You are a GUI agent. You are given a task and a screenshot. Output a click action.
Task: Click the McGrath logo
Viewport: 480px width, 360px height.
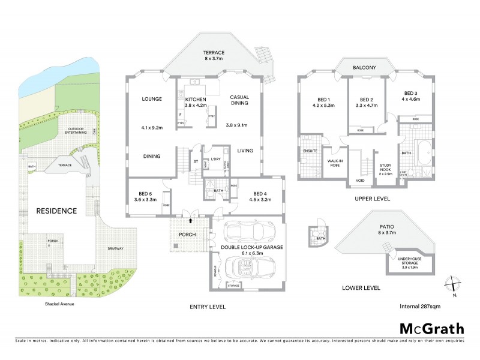tap(431, 328)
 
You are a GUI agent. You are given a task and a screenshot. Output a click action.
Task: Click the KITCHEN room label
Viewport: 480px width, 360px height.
tap(195, 101)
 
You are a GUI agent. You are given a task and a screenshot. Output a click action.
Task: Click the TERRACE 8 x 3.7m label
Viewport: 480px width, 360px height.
tap(212, 56)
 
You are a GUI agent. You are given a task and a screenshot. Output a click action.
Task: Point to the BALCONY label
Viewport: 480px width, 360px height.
tap(364, 68)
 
